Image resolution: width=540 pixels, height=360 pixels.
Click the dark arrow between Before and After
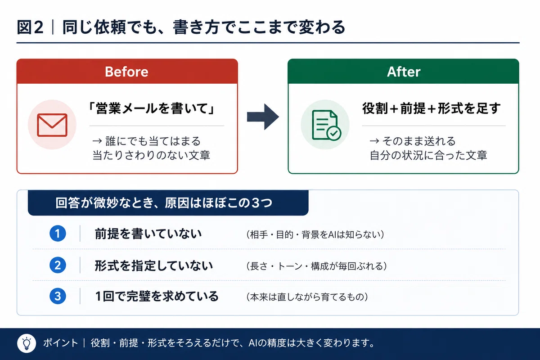pos(263,117)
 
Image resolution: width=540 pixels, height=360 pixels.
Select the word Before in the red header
pos(126,72)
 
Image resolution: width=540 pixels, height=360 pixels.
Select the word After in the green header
pos(404,72)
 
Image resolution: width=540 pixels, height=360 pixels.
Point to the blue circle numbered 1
pos(58,233)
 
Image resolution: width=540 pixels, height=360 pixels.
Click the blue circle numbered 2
pos(58,265)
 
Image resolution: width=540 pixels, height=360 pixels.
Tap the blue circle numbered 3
pos(58,296)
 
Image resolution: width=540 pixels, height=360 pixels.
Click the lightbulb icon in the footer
pos(27,343)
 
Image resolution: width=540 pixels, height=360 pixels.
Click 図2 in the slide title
pos(30,27)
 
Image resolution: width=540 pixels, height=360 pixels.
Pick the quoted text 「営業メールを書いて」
pos(151,108)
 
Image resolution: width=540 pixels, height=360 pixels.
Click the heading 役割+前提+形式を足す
pos(432,108)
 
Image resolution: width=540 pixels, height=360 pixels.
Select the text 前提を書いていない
pos(148,234)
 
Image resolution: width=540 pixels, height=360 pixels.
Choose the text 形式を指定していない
pos(153,265)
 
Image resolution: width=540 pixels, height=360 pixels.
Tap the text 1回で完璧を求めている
pos(157,297)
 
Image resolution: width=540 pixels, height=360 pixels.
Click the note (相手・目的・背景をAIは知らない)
pos(315,234)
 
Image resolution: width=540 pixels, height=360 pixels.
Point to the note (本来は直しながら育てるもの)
pos(307,297)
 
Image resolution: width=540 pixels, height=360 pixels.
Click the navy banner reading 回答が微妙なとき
pos(168,203)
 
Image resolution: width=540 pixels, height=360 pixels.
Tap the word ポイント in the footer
pos(60,343)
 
